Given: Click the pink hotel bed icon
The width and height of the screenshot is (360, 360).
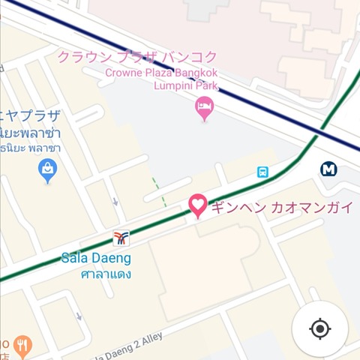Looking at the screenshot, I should pos(203,109).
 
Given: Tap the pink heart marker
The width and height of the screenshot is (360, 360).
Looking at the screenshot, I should pos(197,205).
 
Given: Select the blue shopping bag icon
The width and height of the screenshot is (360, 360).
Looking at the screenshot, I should pos(47,172).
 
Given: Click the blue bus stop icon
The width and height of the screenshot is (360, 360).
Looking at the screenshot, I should pos(262,172).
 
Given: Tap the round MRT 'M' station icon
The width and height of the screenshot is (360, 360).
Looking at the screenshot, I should pos(328,169).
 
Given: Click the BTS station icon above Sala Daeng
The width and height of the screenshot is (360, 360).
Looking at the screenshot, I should pos(121,238).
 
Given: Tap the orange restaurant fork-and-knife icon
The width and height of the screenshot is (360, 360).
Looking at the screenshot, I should pos(22,346).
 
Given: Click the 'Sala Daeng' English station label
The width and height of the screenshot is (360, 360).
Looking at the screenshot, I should pos(96,258).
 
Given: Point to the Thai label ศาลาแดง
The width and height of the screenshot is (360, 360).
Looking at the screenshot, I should pos(106,274).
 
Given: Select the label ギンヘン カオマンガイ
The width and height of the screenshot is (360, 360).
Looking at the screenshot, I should pos(282,207).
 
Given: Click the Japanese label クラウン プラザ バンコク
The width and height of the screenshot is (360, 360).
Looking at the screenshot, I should pos(138,57).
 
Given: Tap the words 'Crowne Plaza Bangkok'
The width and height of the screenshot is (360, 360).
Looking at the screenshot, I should pos(162,73).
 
